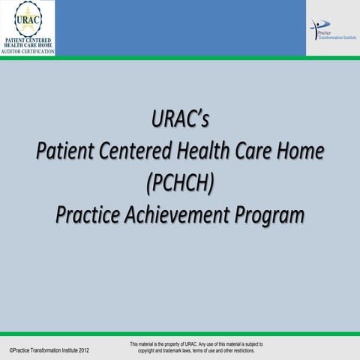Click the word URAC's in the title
click(180, 120)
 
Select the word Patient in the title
click(66, 151)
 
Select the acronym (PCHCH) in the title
click(180, 183)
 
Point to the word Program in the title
click(271, 214)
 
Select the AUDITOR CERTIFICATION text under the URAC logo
click(28, 52)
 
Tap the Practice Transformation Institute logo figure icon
click(316, 26)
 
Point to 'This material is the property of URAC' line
click(196, 343)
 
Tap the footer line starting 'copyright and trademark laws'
click(196, 351)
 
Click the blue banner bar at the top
click(180, 26)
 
